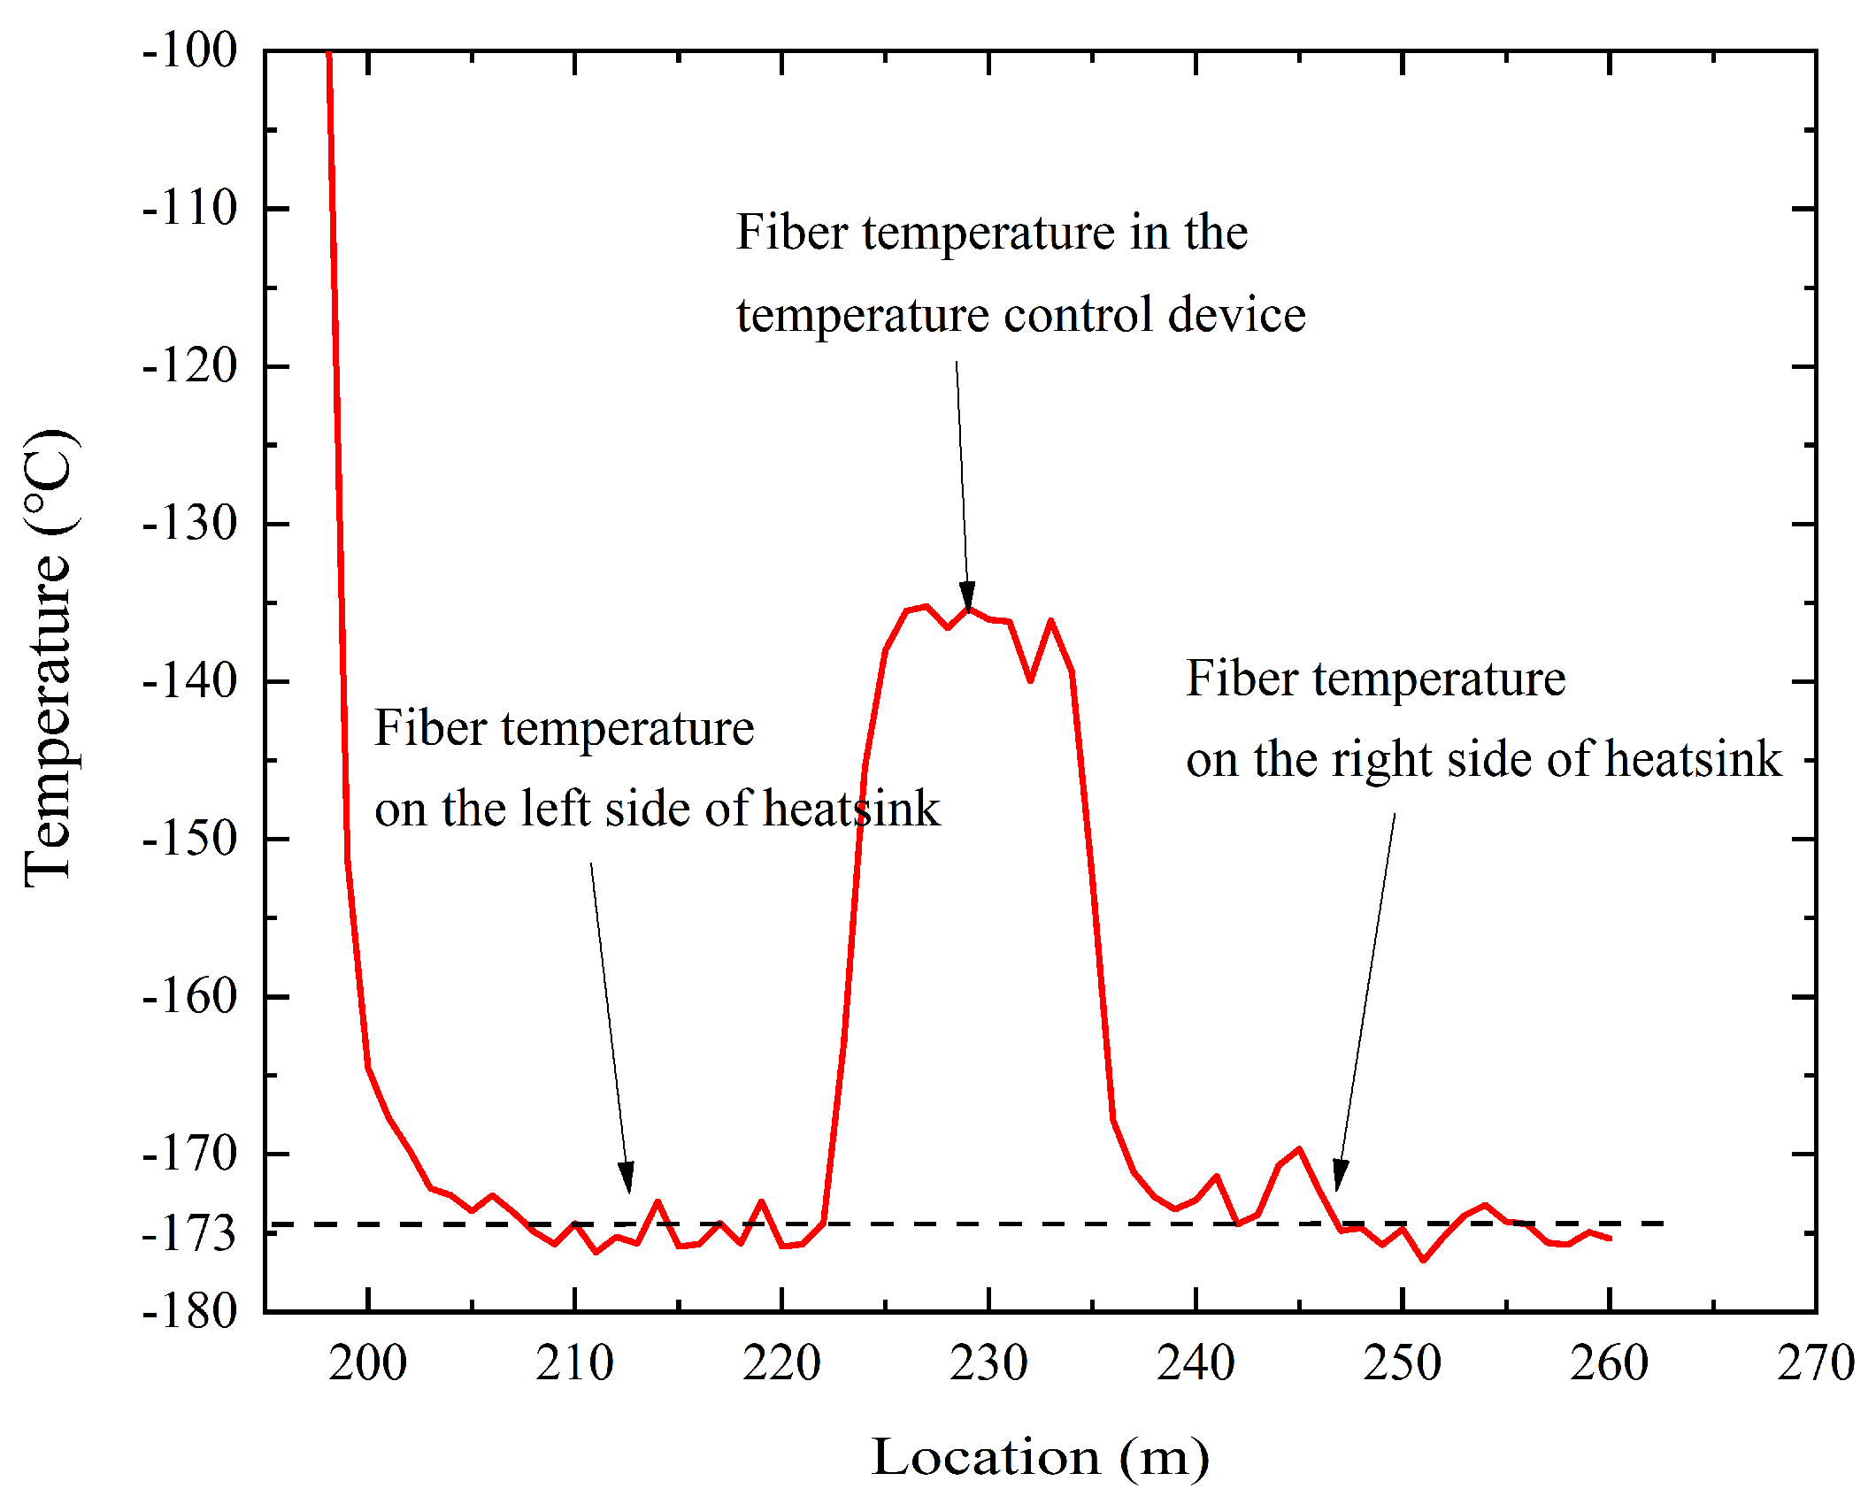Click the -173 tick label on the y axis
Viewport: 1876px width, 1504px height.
tap(189, 1234)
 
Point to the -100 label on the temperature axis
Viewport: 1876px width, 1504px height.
tap(189, 50)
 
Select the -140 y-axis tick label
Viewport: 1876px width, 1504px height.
tap(189, 681)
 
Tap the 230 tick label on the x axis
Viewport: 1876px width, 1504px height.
tap(988, 1363)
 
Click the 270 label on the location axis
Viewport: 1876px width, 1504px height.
tap(1815, 1363)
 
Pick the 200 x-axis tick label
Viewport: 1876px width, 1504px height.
tap(367, 1363)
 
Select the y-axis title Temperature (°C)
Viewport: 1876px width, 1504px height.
tap(49, 659)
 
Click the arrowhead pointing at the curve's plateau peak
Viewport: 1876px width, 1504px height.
tap(967, 599)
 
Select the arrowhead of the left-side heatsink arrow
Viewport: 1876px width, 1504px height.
tap(627, 1180)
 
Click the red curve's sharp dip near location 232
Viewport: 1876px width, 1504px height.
tap(1030, 679)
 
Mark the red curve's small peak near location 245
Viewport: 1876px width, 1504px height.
tap(1299, 1149)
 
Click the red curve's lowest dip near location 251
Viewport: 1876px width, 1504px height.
tap(1423, 1260)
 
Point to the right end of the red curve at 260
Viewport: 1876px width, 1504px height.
tap(1609, 1239)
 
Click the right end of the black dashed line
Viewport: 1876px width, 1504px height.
tap(1662, 1224)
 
